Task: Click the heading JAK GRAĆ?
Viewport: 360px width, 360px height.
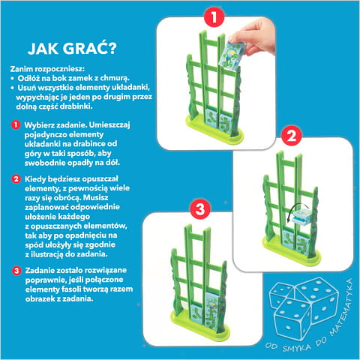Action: (x=72, y=48)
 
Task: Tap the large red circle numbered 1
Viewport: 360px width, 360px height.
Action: (x=214, y=17)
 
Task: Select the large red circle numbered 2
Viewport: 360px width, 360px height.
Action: (x=292, y=136)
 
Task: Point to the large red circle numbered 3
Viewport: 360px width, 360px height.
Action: (x=199, y=209)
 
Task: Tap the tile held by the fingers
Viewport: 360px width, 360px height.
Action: (x=232, y=55)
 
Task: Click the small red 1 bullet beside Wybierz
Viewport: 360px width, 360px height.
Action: (x=16, y=124)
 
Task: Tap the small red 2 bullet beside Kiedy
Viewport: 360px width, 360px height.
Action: (x=16, y=179)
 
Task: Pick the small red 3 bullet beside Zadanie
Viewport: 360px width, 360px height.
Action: (x=16, y=271)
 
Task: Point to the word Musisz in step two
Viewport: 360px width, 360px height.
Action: (x=96, y=197)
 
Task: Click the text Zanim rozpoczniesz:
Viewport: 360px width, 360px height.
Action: (x=47, y=69)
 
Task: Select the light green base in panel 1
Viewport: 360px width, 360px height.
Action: (x=214, y=130)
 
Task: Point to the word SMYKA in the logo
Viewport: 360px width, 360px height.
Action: (x=297, y=347)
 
